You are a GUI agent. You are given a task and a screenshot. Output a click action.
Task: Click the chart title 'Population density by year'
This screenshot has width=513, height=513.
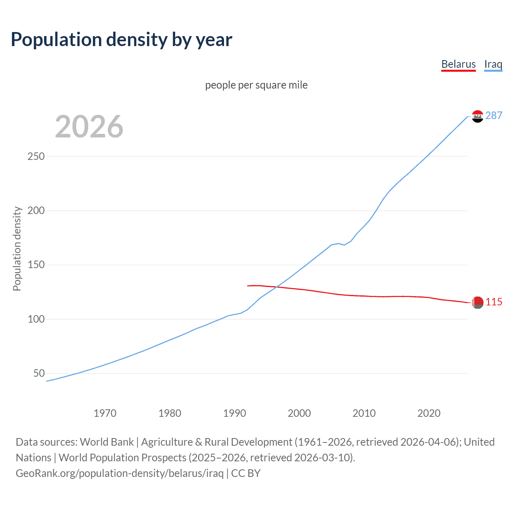pos(121,40)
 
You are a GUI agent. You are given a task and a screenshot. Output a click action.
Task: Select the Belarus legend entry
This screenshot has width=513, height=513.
pos(458,64)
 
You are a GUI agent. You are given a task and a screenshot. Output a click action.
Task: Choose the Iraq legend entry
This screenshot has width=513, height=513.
pos(493,64)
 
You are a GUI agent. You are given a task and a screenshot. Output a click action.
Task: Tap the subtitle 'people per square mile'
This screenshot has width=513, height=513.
pos(256,85)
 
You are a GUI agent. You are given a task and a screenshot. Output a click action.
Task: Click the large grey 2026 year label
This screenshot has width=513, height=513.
pos(89,127)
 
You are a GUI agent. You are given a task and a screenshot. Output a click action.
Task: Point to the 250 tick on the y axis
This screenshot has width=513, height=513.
pos(36,156)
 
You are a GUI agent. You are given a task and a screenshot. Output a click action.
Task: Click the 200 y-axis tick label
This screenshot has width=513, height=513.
pos(36,210)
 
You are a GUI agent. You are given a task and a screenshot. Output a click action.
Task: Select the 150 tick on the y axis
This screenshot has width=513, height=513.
pos(36,265)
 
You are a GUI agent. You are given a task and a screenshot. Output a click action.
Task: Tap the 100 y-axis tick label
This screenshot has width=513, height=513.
pos(36,319)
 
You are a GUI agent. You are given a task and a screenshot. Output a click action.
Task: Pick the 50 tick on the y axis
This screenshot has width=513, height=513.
pos(39,373)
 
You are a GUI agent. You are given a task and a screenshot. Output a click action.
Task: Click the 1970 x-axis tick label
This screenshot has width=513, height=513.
pos(105,413)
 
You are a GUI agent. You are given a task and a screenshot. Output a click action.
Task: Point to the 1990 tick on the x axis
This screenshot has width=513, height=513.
pos(234,413)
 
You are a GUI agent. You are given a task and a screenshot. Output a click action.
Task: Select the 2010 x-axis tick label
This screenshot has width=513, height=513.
pos(364,413)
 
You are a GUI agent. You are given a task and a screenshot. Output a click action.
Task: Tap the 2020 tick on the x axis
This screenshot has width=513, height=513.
pos(429,413)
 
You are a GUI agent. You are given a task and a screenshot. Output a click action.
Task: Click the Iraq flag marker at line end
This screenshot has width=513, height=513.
pos(477,116)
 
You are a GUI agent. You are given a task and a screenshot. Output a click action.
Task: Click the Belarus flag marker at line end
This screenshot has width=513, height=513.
pos(477,303)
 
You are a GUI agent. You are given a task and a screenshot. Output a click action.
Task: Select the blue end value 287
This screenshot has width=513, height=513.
pos(494,115)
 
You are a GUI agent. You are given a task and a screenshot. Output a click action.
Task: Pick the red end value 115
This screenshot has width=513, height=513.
pos(494,302)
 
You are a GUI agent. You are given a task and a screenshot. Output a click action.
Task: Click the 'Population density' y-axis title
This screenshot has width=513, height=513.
pos(17,248)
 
